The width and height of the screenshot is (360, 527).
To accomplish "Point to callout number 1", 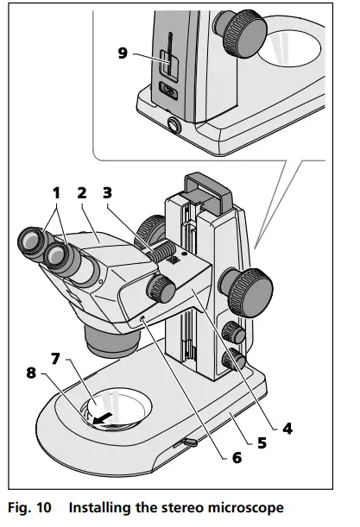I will pyautogui.click(x=56, y=192).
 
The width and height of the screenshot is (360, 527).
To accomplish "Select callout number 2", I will pyautogui.click(x=82, y=192).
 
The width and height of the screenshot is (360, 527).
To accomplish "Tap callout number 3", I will pyautogui.click(x=109, y=192).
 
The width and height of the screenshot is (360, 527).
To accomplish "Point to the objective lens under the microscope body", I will pyautogui.click(x=111, y=340).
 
